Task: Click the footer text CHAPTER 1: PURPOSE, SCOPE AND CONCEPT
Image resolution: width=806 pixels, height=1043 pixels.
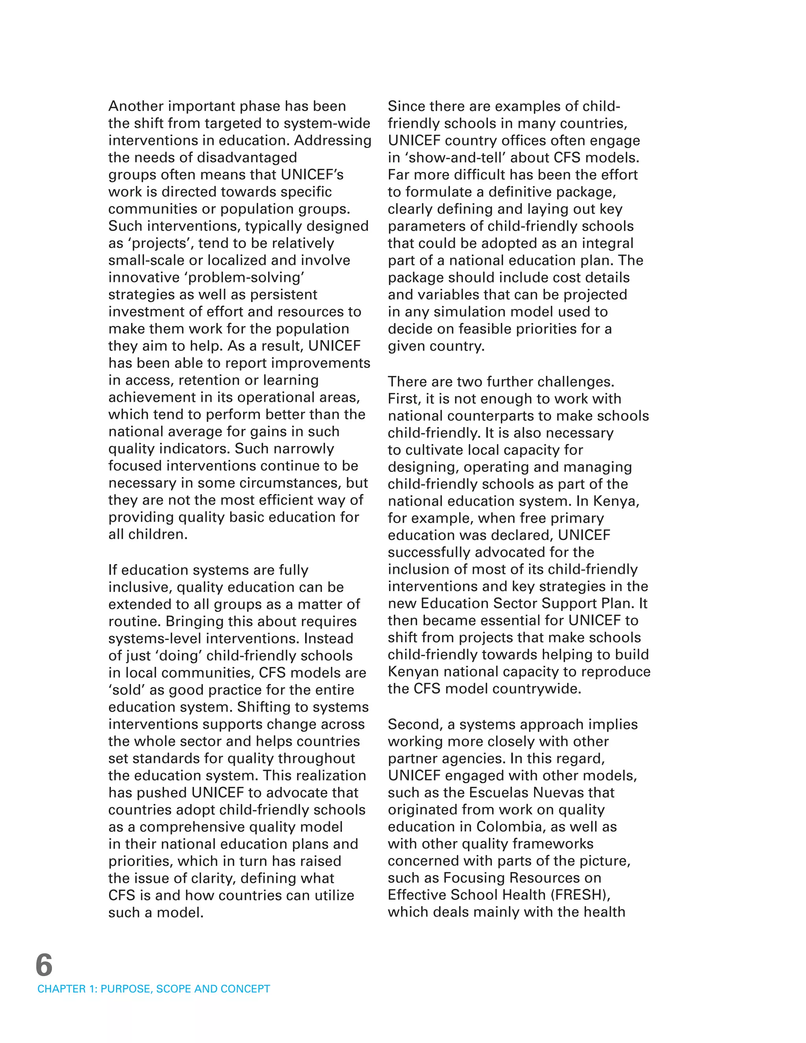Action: (x=154, y=989)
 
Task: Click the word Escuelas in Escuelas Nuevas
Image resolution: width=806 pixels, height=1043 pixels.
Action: (x=499, y=792)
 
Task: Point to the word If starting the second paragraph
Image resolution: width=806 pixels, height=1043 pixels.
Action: (x=113, y=570)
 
